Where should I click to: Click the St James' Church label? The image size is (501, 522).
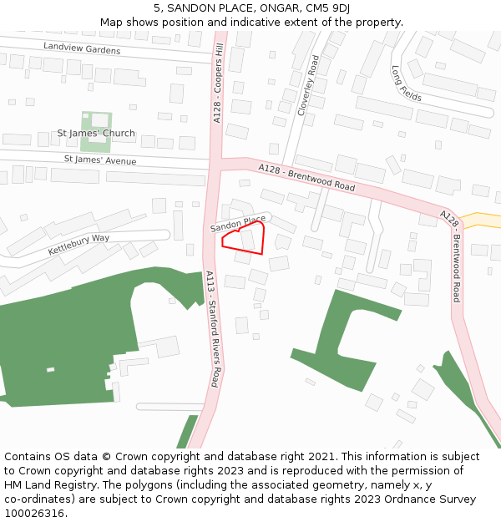pos(96,133)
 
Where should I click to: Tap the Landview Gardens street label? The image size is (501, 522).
pos(82,49)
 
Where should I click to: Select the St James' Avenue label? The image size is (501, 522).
pos(100,159)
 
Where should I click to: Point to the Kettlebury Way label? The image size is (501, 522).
pos(78,244)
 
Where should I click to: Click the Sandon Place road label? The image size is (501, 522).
pos(238,225)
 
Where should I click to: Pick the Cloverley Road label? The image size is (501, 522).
pos(307,85)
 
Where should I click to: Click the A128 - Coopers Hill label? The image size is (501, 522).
pos(219,84)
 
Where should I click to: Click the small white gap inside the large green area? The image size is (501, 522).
pos(50,369)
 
